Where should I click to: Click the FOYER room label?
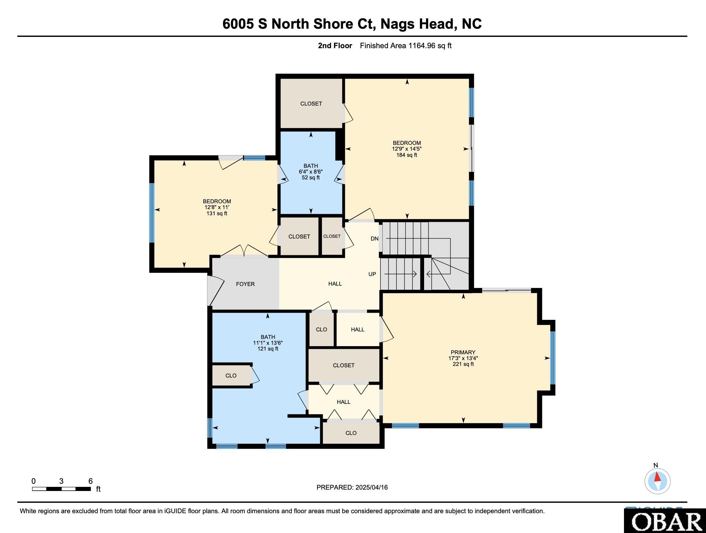click(245, 284)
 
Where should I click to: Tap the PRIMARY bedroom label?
click(463, 352)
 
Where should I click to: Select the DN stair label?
click(375, 238)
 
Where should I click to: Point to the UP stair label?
click(372, 274)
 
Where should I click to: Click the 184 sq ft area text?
click(407, 155)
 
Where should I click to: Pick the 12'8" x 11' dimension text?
click(217, 207)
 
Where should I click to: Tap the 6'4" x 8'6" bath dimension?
click(311, 172)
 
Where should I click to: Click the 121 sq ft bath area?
click(268, 349)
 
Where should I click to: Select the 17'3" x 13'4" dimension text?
click(463, 358)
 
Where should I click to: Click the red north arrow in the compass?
click(657, 477)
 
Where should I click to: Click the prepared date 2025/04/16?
click(371, 487)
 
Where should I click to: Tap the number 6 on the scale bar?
click(91, 481)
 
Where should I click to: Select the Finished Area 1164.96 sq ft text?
click(406, 45)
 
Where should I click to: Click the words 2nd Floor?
click(335, 45)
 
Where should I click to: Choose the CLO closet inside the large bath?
click(231, 375)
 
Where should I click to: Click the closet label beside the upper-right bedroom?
click(311, 104)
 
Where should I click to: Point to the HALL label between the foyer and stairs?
click(335, 284)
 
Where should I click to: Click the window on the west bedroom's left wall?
click(152, 213)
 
